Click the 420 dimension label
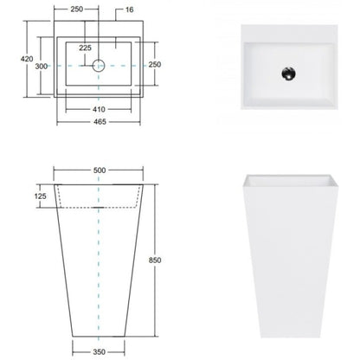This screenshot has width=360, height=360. pyautogui.click(x=27, y=59)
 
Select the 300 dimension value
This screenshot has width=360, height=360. pyautogui.click(x=42, y=67)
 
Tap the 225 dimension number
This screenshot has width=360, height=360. pyautogui.click(x=85, y=48)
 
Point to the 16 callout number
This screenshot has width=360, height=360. pyautogui.click(x=129, y=10)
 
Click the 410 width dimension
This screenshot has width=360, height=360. pyautogui.click(x=99, y=109)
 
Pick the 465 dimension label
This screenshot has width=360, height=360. pyautogui.click(x=100, y=122)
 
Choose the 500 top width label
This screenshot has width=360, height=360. pyautogui.click(x=100, y=170)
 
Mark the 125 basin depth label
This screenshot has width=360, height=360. pyautogui.click(x=40, y=196)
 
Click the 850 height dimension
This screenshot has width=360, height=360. pyautogui.click(x=155, y=260)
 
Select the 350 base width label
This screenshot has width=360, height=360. pyautogui.click(x=99, y=352)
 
